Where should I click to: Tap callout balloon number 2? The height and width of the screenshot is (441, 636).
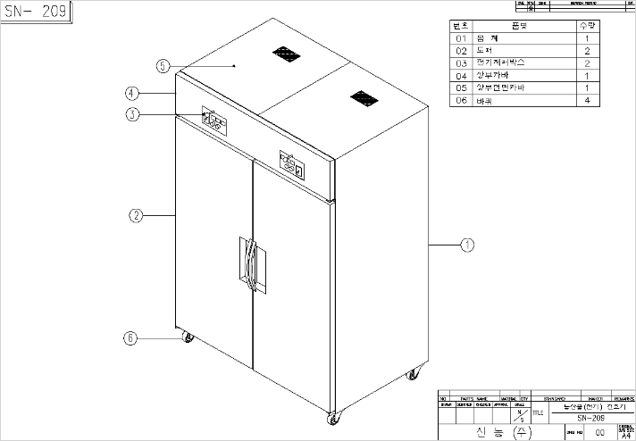(136, 215)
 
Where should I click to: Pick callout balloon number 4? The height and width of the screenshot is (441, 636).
(130, 93)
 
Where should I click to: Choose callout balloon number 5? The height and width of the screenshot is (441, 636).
(162, 66)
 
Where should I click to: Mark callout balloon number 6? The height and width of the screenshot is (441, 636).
(130, 338)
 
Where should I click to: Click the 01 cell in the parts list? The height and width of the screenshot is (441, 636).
(462, 39)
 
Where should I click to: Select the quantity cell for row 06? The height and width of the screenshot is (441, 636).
(586, 101)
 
